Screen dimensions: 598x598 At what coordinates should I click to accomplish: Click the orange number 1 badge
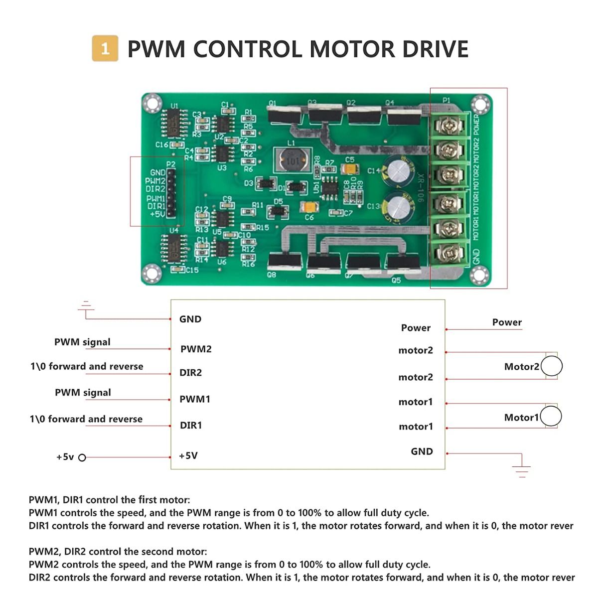[x=105, y=48]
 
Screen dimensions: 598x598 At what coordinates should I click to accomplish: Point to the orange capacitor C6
[x=309, y=207]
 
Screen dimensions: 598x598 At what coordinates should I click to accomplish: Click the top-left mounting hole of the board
[x=151, y=103]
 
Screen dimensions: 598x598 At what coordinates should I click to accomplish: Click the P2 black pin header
[x=171, y=193]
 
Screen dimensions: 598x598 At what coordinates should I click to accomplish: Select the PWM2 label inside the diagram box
[x=196, y=349]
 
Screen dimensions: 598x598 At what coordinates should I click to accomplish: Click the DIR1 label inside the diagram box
[x=191, y=425]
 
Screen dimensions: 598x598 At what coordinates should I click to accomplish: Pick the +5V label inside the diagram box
[x=188, y=455]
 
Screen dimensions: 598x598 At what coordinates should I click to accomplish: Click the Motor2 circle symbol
[x=552, y=366]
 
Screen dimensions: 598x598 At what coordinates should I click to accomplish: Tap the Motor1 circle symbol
[x=551, y=416]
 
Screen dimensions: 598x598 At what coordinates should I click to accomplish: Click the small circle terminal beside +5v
[x=82, y=457]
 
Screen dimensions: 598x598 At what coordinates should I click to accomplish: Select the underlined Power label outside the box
[x=507, y=322]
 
